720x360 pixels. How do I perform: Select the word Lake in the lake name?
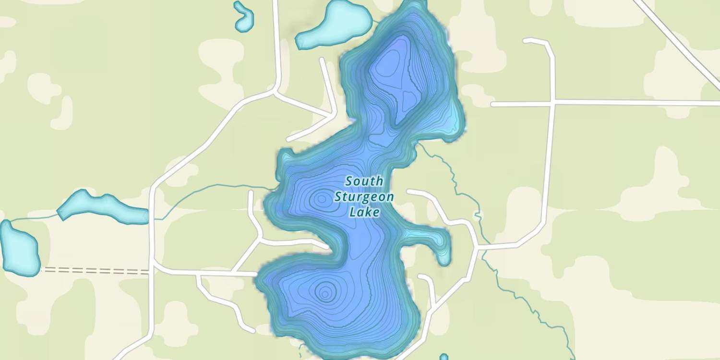tap(364, 212)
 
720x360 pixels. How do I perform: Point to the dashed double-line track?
tap(96, 271)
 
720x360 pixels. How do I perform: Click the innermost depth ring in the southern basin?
tap(325, 291)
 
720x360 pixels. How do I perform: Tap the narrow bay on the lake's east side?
tap(434, 240)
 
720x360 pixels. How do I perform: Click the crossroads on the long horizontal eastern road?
tap(553, 102)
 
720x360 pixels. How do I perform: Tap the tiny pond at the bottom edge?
tap(444, 357)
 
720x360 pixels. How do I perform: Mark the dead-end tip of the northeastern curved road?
tap(526, 40)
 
